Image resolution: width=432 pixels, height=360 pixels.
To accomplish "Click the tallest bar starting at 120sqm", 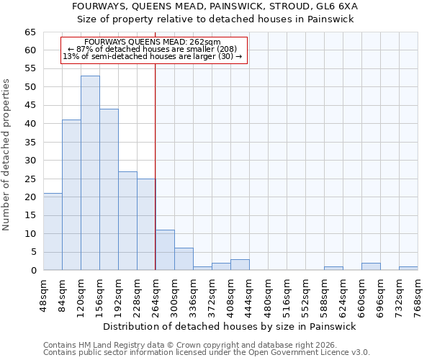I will (90, 173).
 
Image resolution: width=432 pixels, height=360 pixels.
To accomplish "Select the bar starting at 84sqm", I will (71, 195).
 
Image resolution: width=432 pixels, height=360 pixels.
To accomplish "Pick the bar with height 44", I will (109, 189).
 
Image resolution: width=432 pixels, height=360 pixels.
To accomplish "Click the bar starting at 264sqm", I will (165, 250).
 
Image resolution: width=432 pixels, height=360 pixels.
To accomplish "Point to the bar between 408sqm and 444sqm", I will (240, 265).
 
